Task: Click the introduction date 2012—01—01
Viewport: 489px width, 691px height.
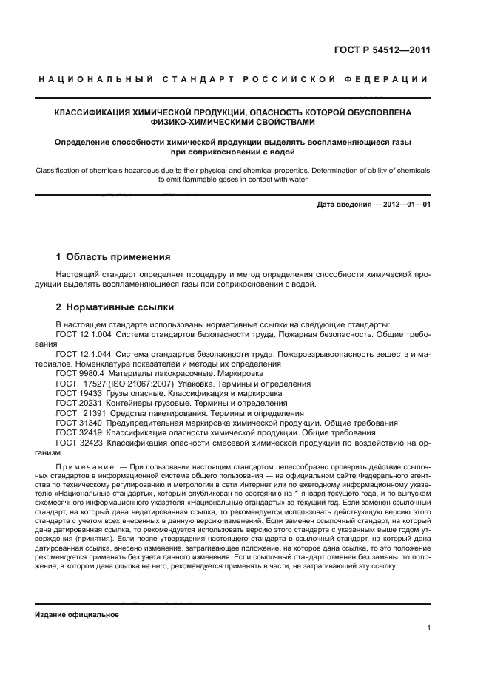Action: tap(399, 204)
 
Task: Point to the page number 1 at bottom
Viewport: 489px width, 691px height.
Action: tap(428, 628)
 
